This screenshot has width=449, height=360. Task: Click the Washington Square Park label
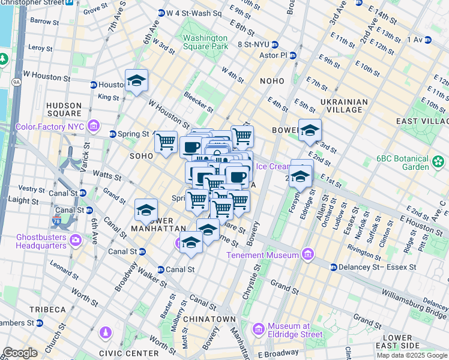pyautogui.click(x=205, y=42)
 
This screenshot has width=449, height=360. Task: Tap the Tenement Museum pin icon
pyautogui.click(x=308, y=254)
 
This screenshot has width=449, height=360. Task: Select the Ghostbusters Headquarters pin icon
pyautogui.click(x=76, y=241)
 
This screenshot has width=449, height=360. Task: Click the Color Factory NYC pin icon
pyautogui.click(x=93, y=126)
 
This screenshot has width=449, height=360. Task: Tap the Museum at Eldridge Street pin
pyautogui.click(x=259, y=329)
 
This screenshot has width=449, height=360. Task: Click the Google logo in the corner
pyautogui.click(x=20, y=353)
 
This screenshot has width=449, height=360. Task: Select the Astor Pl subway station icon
pyautogui.click(x=293, y=56)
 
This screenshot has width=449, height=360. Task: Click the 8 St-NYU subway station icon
pyautogui.click(x=274, y=44)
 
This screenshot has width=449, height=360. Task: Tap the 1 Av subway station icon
pyautogui.click(x=428, y=40)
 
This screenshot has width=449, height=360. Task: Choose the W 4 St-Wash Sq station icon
pyautogui.click(x=161, y=13)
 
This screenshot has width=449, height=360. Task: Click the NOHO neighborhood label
pyautogui.click(x=276, y=80)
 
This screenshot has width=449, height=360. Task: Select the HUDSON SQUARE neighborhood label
pyautogui.click(x=64, y=109)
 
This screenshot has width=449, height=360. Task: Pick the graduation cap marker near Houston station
pyautogui.click(x=136, y=81)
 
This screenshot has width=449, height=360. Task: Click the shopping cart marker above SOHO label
pyautogui.click(x=166, y=142)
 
